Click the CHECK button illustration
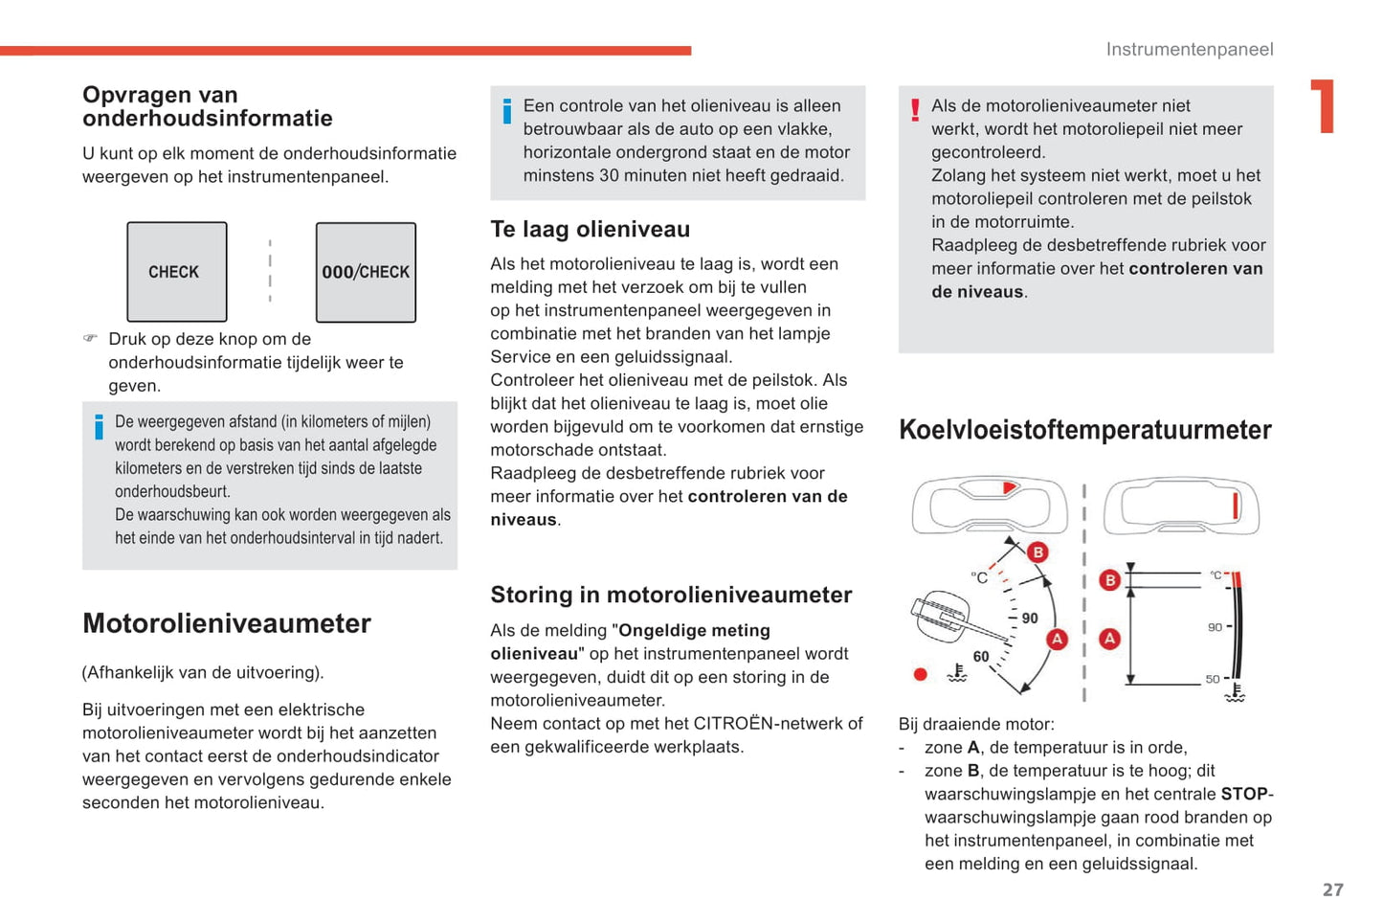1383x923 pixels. pyautogui.click(x=177, y=272)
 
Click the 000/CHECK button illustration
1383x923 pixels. pyautogui.click(x=366, y=272)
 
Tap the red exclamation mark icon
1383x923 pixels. pyautogui.click(x=915, y=110)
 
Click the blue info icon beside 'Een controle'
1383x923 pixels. pyautogui.click(x=507, y=111)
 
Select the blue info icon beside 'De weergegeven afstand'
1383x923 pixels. pyautogui.click(x=99, y=426)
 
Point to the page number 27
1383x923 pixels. pyautogui.click(x=1332, y=889)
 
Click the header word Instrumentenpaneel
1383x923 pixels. pyautogui.click(x=1189, y=50)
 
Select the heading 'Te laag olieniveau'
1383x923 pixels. pyautogui.click(x=590, y=230)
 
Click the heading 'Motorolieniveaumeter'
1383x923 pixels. pyautogui.click(x=226, y=623)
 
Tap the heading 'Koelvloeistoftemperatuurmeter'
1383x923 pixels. pyautogui.click(x=1084, y=430)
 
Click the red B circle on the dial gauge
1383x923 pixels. pyautogui.click(x=1037, y=552)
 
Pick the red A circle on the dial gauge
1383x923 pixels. pyautogui.click(x=1057, y=639)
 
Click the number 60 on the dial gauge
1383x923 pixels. pyautogui.click(x=981, y=657)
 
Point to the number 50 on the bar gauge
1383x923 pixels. pyautogui.click(x=1213, y=679)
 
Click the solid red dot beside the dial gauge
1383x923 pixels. pyautogui.click(x=921, y=674)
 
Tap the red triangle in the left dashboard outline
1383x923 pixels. pyautogui.click(x=1009, y=488)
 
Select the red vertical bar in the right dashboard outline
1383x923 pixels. pyautogui.click(x=1236, y=505)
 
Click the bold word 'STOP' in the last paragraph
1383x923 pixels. pyautogui.click(x=1243, y=794)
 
